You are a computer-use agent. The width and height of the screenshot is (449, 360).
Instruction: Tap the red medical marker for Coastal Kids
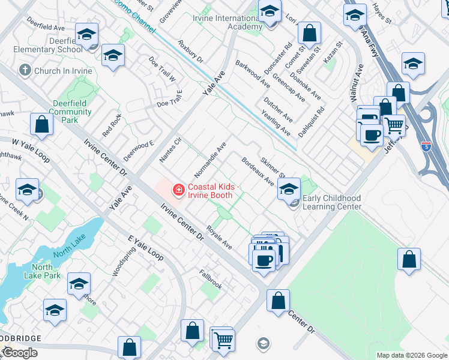coord(178,191)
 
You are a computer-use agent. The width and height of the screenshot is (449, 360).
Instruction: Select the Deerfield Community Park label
coord(71,112)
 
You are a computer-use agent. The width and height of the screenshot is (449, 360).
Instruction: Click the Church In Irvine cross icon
coord(25,70)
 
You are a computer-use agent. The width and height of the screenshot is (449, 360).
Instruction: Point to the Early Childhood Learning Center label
coord(332,202)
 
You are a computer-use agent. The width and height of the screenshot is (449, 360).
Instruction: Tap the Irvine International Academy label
coord(228,22)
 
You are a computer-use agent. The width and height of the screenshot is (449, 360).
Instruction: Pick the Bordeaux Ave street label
coord(258,171)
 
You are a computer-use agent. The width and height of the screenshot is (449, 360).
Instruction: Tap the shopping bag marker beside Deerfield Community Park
coord(42,125)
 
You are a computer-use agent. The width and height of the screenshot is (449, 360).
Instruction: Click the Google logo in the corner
coord(19,353)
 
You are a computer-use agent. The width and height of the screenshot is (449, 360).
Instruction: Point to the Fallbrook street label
coord(211,279)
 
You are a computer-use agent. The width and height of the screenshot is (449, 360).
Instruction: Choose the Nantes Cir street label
coord(170,151)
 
